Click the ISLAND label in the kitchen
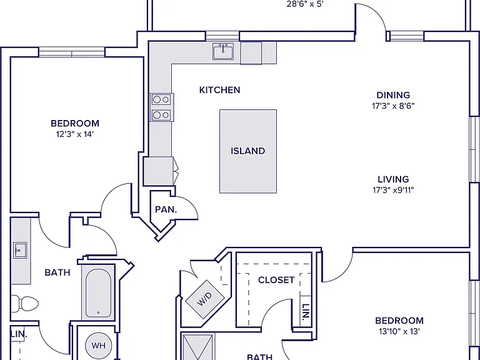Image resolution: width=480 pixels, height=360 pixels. (247, 151)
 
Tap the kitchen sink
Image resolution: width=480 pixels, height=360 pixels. (223, 51)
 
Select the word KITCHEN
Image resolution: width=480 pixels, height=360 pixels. (219, 90)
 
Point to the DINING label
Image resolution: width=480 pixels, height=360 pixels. (393, 95)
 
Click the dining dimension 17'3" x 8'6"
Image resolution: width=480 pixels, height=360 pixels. (393, 106)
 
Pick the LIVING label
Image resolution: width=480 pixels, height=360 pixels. (393, 179)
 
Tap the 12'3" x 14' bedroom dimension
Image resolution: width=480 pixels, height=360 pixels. (74, 134)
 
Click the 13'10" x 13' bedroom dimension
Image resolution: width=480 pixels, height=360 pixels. (399, 331)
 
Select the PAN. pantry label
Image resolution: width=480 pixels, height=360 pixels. (166, 210)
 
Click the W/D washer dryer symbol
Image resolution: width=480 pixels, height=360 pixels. (205, 299)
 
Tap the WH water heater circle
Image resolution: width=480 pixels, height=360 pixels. (98, 345)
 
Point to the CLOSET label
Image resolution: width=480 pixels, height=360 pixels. (276, 280)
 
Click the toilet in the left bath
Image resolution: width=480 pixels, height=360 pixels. (25, 304)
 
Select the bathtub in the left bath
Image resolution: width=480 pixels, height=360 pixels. (98, 293)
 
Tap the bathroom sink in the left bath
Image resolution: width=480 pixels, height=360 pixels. (20, 250)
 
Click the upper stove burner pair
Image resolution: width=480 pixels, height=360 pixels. (161, 99)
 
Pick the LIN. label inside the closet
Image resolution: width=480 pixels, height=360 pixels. (306, 312)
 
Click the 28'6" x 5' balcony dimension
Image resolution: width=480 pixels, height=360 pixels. (305, 4)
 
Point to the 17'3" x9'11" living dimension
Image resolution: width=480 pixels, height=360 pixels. (393, 190)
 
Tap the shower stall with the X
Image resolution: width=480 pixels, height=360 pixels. (197, 347)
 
